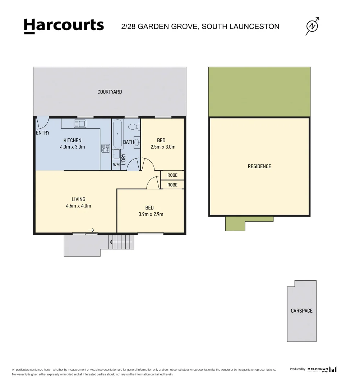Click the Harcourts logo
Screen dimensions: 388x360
64,26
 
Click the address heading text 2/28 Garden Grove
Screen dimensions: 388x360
200,26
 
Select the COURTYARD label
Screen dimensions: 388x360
110,92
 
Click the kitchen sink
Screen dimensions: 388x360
80,124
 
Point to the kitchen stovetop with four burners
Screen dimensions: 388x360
106,148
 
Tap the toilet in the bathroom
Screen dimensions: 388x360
133,126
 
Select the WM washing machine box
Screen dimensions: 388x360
116,165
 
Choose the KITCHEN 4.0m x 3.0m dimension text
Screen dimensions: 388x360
73,143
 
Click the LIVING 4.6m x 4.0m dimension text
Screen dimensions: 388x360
78,203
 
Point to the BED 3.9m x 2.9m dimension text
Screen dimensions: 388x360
149,211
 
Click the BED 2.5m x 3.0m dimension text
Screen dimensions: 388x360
161,143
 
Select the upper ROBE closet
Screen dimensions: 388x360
172,175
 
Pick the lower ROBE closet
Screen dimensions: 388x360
172,185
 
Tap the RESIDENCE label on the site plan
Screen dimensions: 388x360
259,166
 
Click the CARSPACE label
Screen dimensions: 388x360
301,311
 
